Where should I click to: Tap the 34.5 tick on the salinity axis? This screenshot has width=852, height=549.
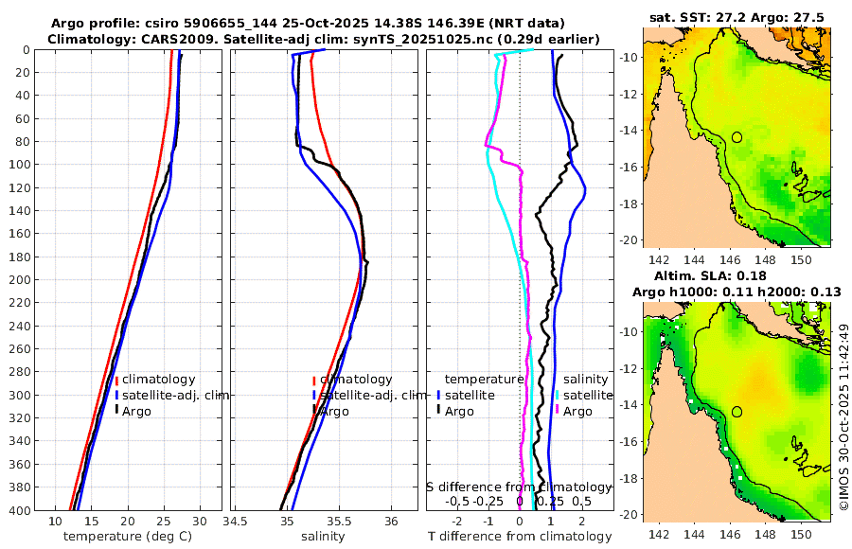(236, 522)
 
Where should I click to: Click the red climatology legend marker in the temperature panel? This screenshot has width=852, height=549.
(116, 380)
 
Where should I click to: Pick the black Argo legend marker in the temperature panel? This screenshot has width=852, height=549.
(116, 410)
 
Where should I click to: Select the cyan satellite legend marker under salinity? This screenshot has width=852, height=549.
(559, 395)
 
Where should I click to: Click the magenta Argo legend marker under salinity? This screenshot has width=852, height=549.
(559, 411)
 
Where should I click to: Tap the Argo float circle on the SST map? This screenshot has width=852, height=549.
(737, 137)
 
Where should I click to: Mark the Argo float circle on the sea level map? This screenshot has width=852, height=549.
(737, 412)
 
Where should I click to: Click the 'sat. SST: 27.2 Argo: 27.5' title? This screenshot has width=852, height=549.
(737, 17)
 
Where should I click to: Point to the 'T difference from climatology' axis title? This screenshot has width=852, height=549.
(521, 537)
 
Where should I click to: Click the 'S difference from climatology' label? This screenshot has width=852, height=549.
(519, 487)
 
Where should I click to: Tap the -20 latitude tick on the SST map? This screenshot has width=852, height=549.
(629, 239)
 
